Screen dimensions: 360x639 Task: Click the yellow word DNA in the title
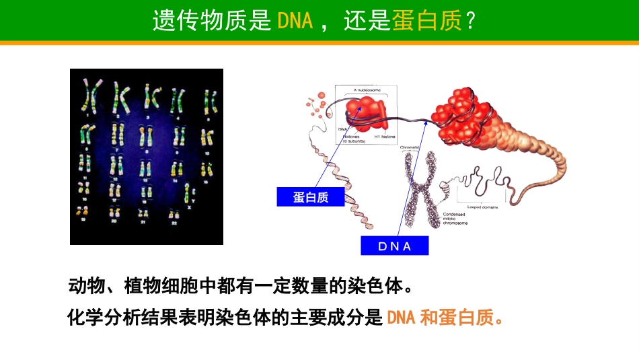[x=295, y=21]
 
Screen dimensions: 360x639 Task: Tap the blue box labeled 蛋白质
[x=310, y=196]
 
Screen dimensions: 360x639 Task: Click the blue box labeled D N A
[x=394, y=246]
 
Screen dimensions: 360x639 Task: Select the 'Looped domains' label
[x=482, y=207]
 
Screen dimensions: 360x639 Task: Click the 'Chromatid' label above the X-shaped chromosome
[x=411, y=147]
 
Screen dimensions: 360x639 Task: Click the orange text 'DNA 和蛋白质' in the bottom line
[x=445, y=317]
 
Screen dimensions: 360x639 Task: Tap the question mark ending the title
[x=471, y=21]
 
